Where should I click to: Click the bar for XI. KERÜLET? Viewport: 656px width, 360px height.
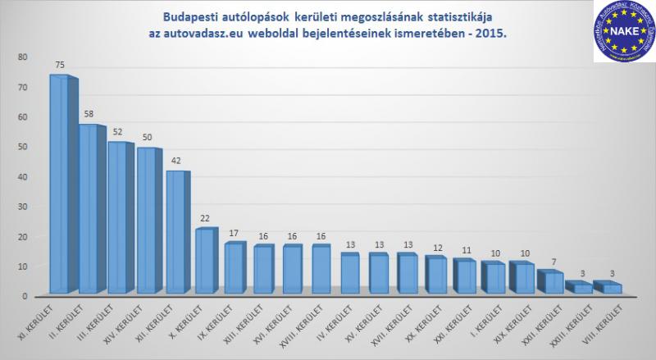tap(59, 185)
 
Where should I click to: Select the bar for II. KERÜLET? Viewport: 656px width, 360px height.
tap(89, 210)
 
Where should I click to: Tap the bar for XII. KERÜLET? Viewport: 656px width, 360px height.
tap(176, 233)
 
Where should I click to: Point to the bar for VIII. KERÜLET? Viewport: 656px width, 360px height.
tap(606, 288)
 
